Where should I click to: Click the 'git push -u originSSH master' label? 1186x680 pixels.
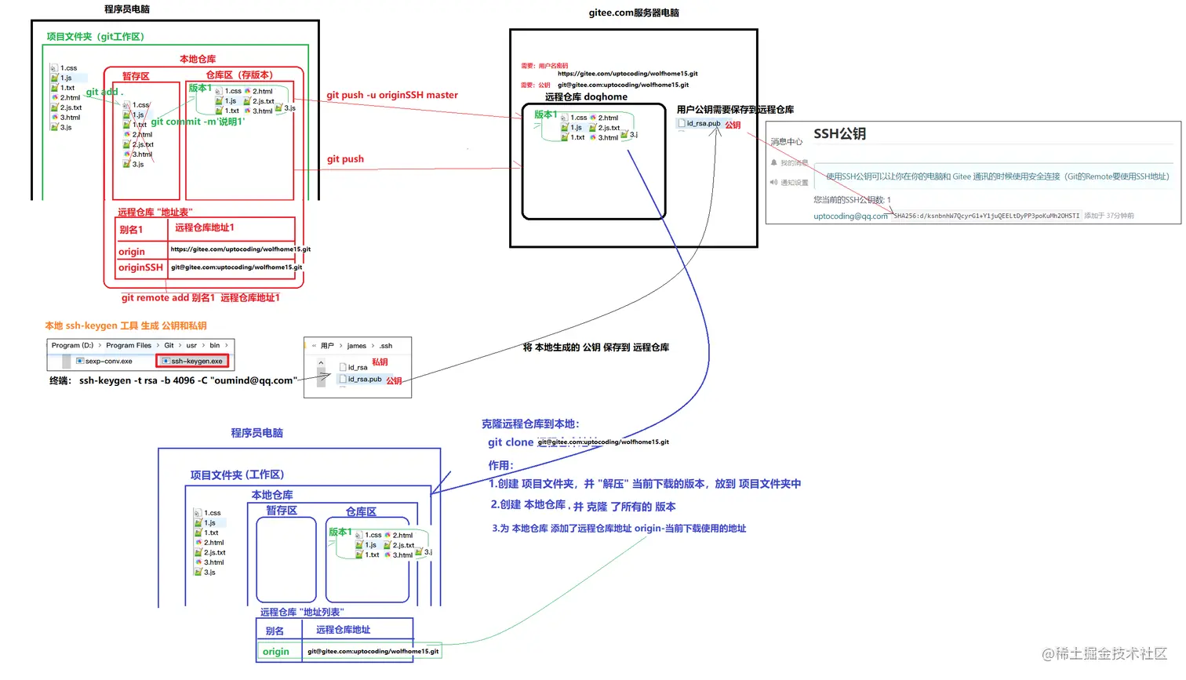pos(392,95)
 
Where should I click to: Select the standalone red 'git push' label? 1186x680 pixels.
pos(345,158)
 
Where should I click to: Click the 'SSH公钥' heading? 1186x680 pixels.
pos(839,133)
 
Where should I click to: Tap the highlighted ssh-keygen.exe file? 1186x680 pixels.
pos(193,361)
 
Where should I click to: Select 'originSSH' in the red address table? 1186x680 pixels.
pos(140,267)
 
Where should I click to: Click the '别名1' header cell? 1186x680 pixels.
pos(131,230)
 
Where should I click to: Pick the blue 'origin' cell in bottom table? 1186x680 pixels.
pos(276,651)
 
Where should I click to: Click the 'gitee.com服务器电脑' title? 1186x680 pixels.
pos(634,13)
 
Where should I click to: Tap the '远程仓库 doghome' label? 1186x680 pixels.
pos(586,96)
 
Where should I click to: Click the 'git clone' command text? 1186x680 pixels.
pos(510,442)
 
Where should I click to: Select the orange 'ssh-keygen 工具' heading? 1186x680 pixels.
pos(126,325)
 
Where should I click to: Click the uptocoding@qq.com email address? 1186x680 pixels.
pos(850,216)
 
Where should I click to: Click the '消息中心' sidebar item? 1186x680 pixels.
pos(786,142)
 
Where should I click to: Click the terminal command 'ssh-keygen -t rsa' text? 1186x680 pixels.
pos(187,380)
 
